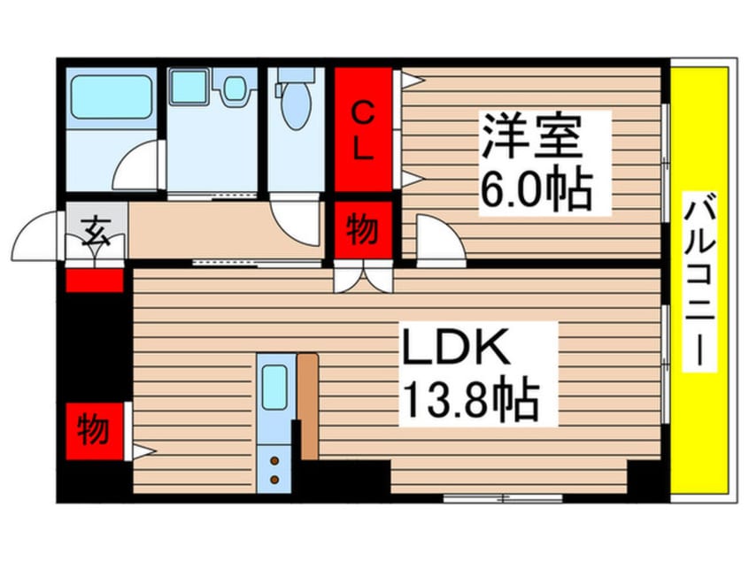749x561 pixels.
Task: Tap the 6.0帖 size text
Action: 535,188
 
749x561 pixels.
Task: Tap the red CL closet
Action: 363,130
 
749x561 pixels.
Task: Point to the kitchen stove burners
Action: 274,470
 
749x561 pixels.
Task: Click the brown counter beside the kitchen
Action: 308,405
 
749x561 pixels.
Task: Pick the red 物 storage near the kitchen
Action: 94,430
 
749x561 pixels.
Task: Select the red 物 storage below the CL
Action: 362,231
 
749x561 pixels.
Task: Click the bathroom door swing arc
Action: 138,167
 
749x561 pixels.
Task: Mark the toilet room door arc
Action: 296,221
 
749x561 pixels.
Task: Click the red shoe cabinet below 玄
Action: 94,281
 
